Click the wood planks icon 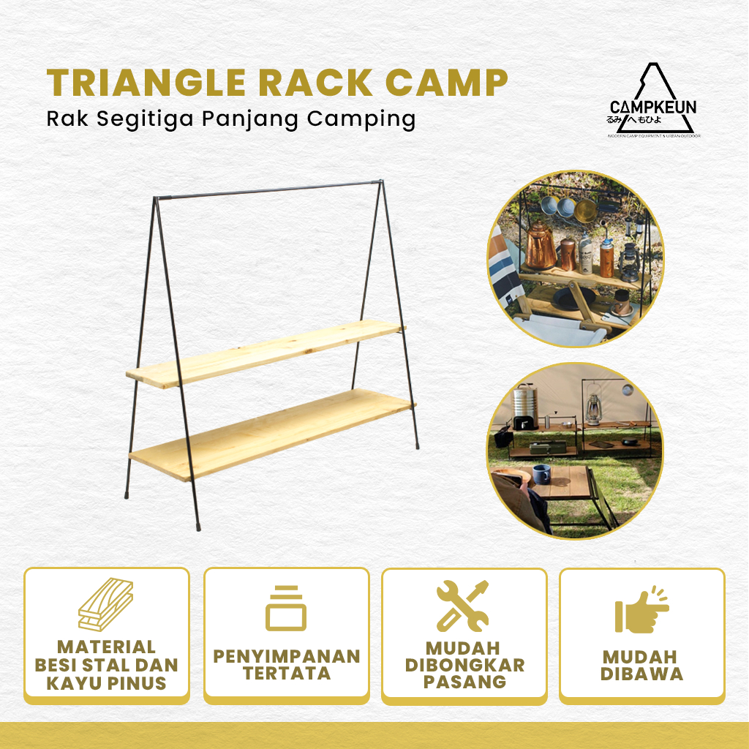[106, 607]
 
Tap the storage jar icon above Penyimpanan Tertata [286, 608]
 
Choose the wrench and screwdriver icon [462, 606]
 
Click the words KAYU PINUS [107, 684]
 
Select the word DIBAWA [642, 674]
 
